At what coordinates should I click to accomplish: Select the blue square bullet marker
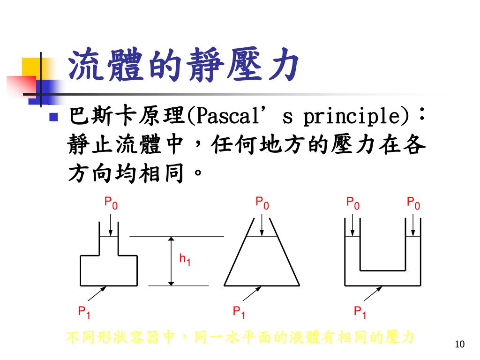point(53,117)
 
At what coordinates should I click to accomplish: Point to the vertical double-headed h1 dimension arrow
point(172,261)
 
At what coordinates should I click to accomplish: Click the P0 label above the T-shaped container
point(111,203)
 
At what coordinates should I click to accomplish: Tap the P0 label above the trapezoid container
point(262,203)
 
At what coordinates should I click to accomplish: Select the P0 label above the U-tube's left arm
point(353,203)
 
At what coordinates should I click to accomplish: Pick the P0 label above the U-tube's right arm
point(413,203)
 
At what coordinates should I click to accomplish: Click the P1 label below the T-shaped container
point(84,312)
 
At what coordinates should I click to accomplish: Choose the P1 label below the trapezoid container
point(239,312)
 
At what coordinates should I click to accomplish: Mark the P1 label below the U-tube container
point(360,312)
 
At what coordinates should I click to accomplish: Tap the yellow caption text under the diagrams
point(240,337)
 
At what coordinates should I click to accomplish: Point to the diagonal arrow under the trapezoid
point(251,294)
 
